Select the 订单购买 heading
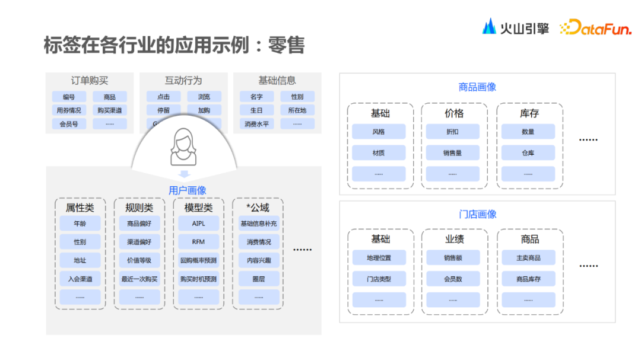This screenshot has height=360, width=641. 90,81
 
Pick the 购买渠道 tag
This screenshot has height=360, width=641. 110,110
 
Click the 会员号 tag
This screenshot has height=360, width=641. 69,124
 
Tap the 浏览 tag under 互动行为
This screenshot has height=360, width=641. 204,97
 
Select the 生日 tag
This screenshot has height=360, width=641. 256,110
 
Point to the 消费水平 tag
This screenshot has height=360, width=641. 256,124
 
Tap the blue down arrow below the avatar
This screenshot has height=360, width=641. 184,174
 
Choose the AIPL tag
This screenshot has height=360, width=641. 198,224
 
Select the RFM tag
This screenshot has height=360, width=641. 198,242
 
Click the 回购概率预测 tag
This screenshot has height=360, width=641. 198,260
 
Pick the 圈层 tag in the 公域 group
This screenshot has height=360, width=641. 258,279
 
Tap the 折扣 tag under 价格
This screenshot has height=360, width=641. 453,132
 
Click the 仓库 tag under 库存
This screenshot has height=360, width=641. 528,153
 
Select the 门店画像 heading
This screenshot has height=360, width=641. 477,214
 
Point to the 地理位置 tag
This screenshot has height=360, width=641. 379,258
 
